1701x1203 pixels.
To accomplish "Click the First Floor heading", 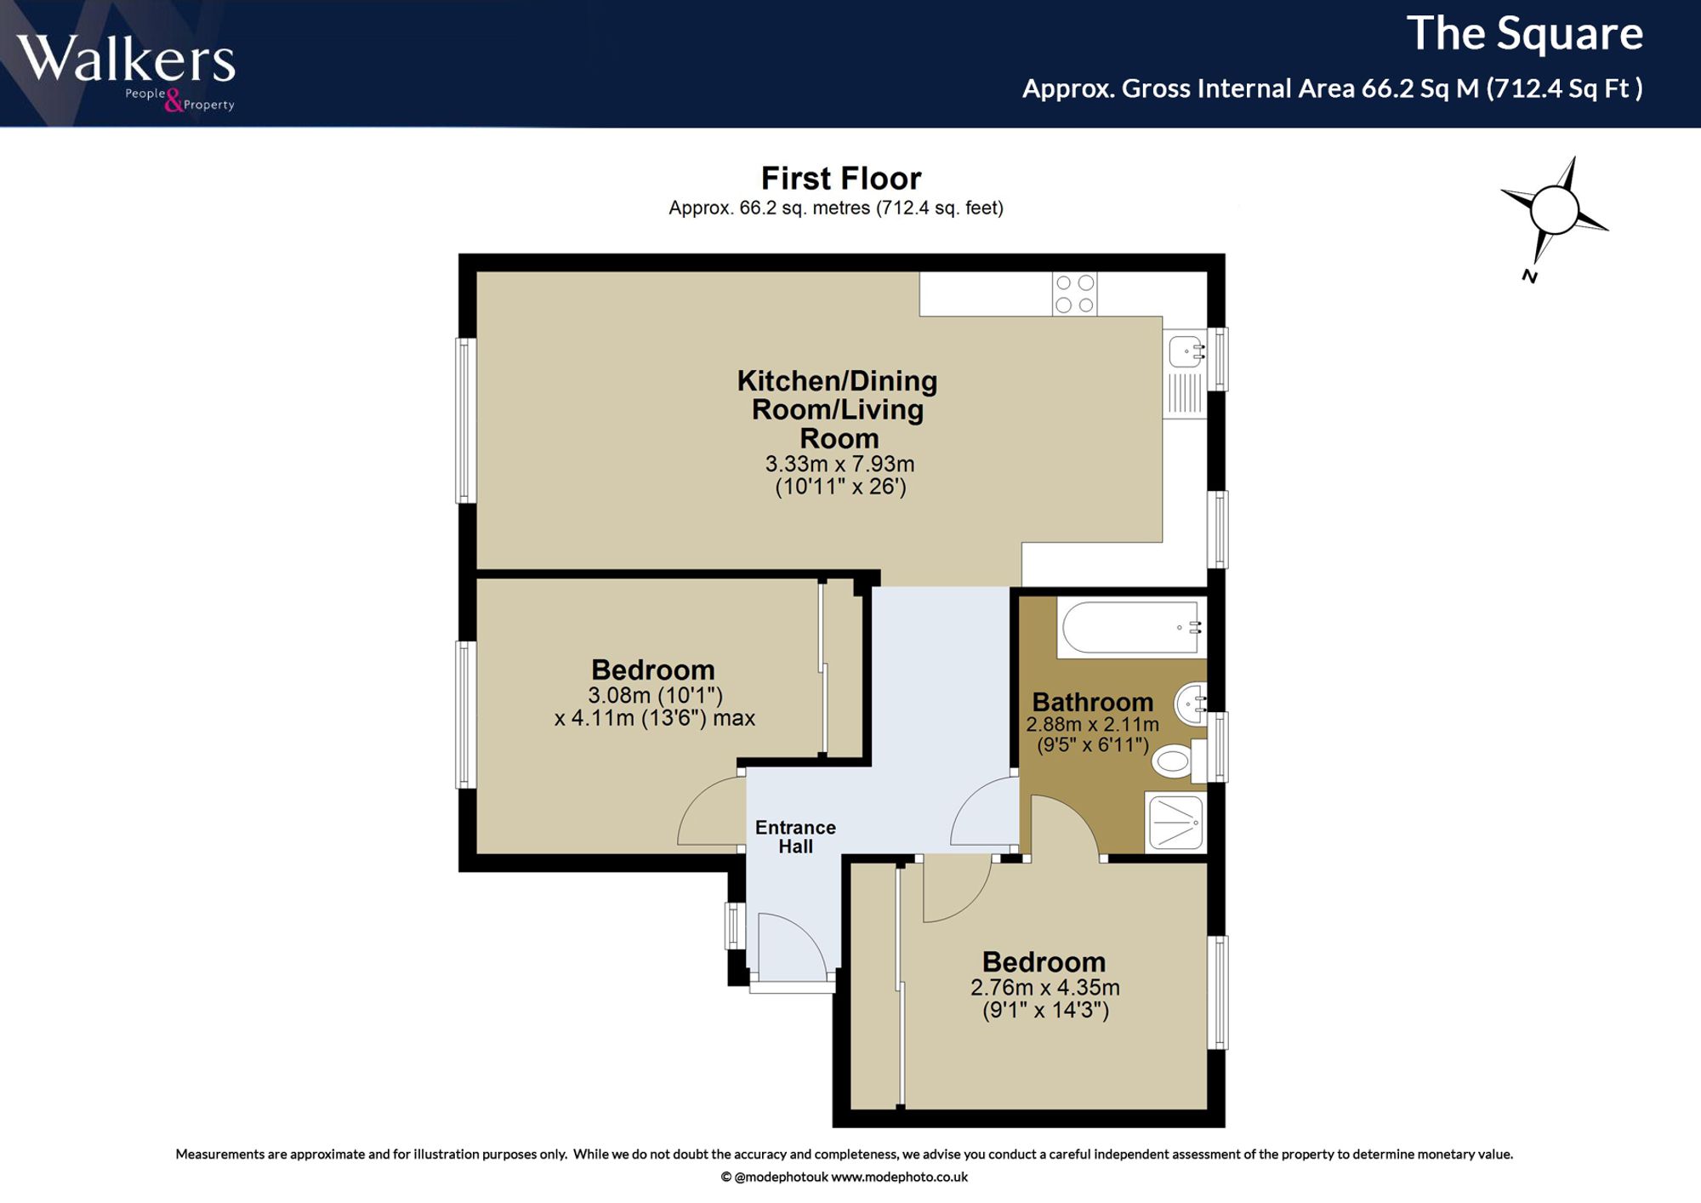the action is pyautogui.click(x=841, y=179).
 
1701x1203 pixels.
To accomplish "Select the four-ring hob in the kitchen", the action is pyautogui.click(x=1074, y=294).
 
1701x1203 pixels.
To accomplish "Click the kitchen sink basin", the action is pyautogui.click(x=1186, y=351).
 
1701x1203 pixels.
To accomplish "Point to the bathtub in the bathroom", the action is pyautogui.click(x=1132, y=628).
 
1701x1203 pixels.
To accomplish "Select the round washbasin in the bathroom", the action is pyautogui.click(x=1191, y=704).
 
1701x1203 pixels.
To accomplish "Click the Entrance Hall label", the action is pyautogui.click(x=795, y=837).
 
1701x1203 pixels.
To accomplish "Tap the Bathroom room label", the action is pyautogui.click(x=1093, y=702).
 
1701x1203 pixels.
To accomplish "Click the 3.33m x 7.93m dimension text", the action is pyautogui.click(x=839, y=465).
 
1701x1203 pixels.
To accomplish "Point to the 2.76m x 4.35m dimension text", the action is pyautogui.click(x=1045, y=988).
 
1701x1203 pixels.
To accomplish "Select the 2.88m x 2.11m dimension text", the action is pyautogui.click(x=1092, y=725).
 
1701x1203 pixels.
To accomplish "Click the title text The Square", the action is pyautogui.click(x=1525, y=34).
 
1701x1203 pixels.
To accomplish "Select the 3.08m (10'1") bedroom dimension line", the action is pyautogui.click(x=655, y=696).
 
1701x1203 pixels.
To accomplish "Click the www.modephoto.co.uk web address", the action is pyautogui.click(x=899, y=1177).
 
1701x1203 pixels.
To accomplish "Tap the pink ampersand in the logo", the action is pyautogui.click(x=174, y=101).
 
